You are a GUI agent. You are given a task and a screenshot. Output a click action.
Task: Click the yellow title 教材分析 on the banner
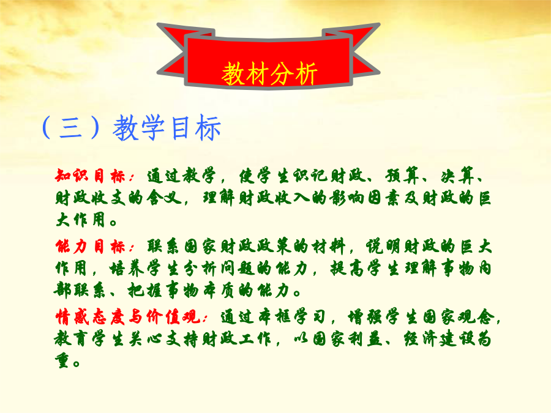coord(269,73)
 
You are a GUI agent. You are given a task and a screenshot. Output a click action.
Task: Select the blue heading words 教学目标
coord(167,127)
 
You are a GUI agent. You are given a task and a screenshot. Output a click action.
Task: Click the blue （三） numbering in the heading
coord(70,127)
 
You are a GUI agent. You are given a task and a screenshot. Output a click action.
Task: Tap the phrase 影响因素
coord(365,198)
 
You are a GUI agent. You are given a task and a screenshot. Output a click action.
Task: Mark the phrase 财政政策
coord(257,247)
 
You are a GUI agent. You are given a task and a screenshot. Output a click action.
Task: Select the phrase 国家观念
coord(459,317)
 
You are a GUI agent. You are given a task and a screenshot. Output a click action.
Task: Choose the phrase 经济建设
coord(440,339)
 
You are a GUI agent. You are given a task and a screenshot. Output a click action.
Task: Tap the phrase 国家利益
coord(348,339)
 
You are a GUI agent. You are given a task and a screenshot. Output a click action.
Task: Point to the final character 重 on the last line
coord(62,361)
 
